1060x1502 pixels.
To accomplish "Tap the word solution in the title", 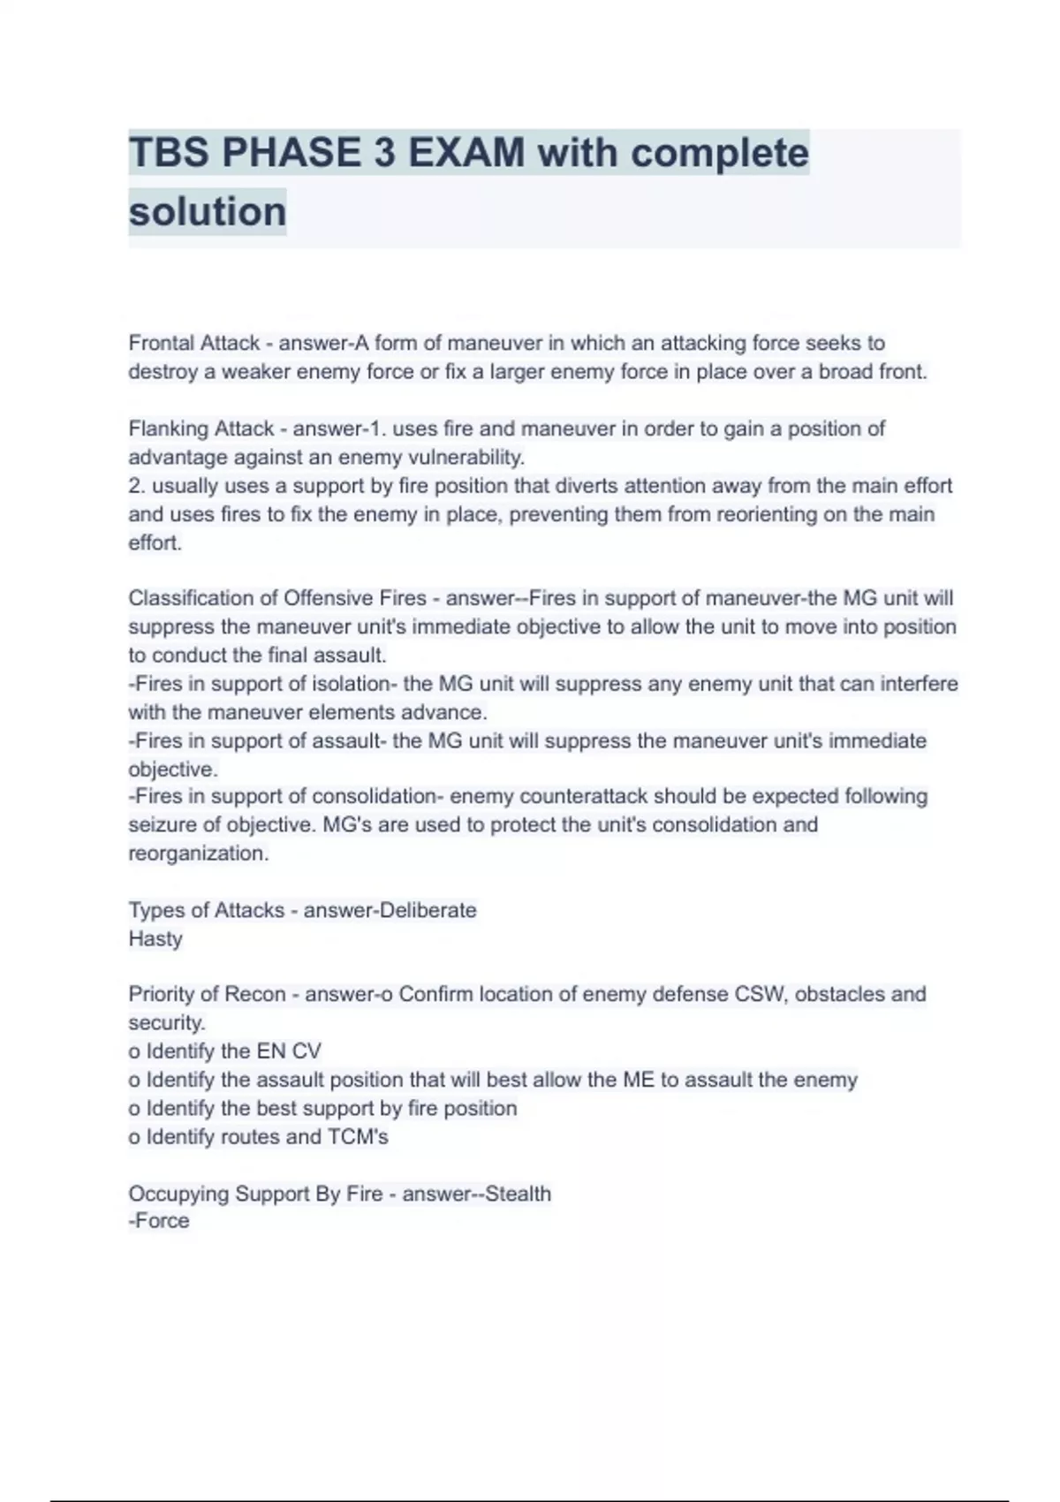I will (x=208, y=212).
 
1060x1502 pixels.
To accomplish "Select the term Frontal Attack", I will (x=194, y=343).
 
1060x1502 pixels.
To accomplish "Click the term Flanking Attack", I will (x=201, y=429).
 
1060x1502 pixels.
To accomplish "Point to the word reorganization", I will (x=198, y=853).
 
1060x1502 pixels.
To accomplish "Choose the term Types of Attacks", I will (x=207, y=910).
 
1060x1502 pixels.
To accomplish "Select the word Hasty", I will (x=155, y=938).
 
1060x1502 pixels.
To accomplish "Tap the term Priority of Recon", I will (x=207, y=994).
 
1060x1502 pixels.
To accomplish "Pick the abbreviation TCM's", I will (x=358, y=1137).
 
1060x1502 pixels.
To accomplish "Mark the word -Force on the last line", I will (x=159, y=1221).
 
